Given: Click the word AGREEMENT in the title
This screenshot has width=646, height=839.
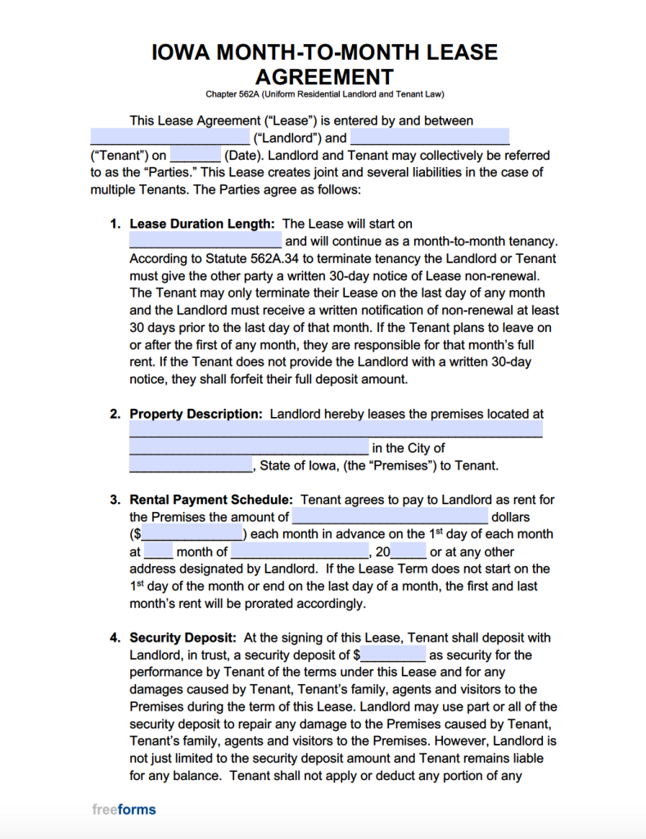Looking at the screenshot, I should [x=323, y=77].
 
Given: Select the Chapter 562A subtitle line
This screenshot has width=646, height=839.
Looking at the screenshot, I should [x=323, y=94].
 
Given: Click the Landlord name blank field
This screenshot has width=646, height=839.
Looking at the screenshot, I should [x=169, y=138].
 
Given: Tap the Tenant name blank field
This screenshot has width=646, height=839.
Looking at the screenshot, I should [x=430, y=138].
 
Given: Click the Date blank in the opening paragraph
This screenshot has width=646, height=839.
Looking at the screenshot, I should [x=195, y=156].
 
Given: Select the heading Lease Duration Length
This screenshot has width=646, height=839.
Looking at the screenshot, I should [x=201, y=224].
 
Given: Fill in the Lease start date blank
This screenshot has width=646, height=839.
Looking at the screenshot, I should [x=206, y=241].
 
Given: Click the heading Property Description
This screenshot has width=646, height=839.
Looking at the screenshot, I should [x=197, y=415].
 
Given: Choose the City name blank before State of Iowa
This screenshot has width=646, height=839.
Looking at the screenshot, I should [x=191, y=465].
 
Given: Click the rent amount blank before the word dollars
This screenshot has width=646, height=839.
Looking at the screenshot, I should [x=390, y=517].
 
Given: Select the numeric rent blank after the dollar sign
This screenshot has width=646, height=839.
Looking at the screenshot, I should [x=193, y=534].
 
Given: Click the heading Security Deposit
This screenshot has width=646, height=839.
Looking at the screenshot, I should [x=183, y=637].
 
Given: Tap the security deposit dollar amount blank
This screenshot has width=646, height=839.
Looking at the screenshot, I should [x=393, y=655].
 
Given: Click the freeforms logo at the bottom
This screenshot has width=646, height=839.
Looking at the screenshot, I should [x=124, y=810].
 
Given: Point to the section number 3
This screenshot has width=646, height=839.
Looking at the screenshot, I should [x=115, y=500].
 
